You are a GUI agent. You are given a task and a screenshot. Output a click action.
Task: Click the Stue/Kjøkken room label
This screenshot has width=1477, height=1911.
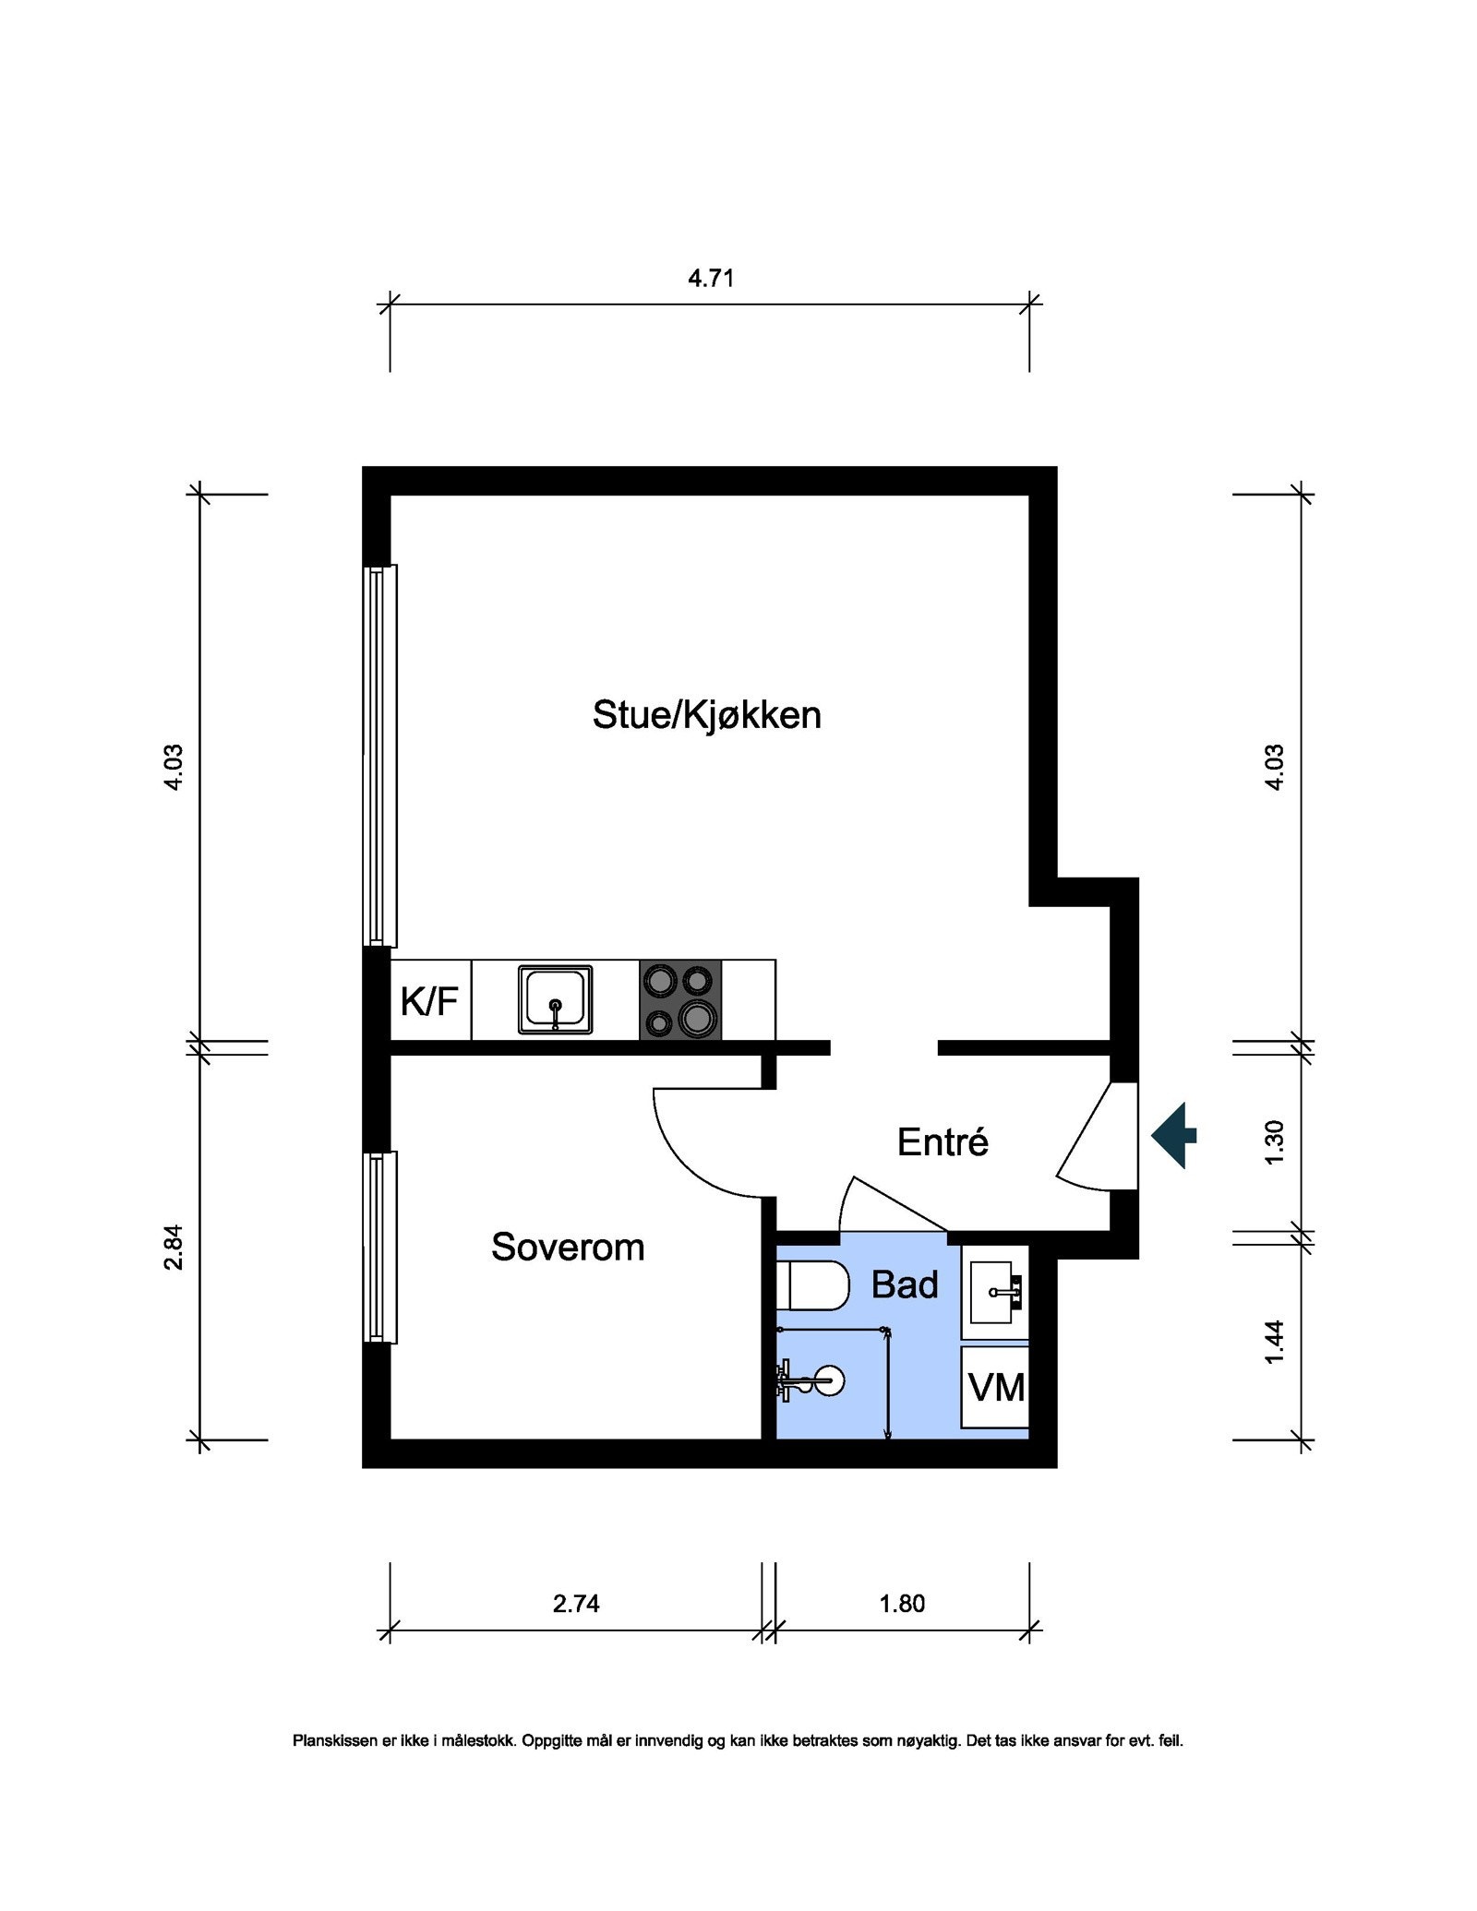pos(706,715)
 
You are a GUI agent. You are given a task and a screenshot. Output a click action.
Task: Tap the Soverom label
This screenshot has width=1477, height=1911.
pos(568,1248)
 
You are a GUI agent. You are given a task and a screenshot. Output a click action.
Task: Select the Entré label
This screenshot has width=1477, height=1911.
pos(943,1142)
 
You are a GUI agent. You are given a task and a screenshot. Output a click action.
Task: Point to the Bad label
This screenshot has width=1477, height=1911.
pos(905,1284)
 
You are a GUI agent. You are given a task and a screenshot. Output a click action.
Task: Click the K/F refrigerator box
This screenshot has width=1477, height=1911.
pos(430,1000)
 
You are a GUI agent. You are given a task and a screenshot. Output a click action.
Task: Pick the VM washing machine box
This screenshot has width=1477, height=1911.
pos(995,1387)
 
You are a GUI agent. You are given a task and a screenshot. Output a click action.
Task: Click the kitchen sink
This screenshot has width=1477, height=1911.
pos(555,999)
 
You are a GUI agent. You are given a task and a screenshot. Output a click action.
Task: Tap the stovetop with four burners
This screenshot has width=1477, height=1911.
pos(680,1000)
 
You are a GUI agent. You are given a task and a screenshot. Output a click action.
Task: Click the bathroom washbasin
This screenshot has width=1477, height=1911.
pos(995,1292)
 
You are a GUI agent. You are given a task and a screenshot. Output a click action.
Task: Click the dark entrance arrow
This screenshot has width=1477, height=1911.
pos(1173,1135)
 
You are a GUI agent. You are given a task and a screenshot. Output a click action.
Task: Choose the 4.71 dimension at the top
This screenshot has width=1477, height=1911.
pos(711,278)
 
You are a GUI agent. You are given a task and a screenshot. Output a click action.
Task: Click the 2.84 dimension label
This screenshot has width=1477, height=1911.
pos(174,1247)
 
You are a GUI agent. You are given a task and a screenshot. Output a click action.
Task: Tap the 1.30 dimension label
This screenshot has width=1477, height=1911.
pos(1274,1141)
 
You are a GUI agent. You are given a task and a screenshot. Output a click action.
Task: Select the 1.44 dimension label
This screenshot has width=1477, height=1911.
pos(1274,1342)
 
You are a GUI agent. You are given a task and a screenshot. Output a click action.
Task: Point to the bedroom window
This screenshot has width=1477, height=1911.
pos(379,1247)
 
